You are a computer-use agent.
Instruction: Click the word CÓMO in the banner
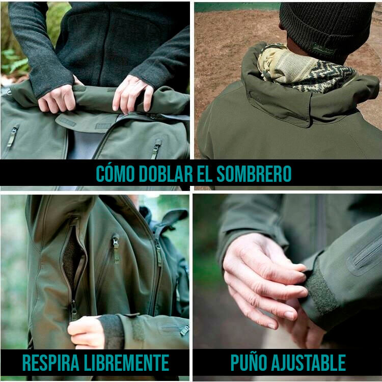point(115,173)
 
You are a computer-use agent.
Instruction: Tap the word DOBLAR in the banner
point(166,174)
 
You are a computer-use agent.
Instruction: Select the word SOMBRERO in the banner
point(254,174)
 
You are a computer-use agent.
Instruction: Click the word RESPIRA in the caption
point(51,363)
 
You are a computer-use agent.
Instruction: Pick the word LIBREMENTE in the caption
point(126,363)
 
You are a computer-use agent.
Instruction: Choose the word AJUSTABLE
point(308,363)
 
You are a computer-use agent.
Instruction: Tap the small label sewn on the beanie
point(324,48)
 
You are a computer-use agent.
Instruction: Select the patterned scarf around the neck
point(305,68)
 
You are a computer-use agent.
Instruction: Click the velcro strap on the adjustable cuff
point(320,294)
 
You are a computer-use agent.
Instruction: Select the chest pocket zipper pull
point(116,249)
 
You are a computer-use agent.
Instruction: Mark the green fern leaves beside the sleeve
point(15,61)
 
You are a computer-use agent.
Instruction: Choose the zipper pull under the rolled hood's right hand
point(156,148)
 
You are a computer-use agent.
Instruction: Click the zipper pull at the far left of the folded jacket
point(12,137)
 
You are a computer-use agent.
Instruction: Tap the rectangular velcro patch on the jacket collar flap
point(67,122)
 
